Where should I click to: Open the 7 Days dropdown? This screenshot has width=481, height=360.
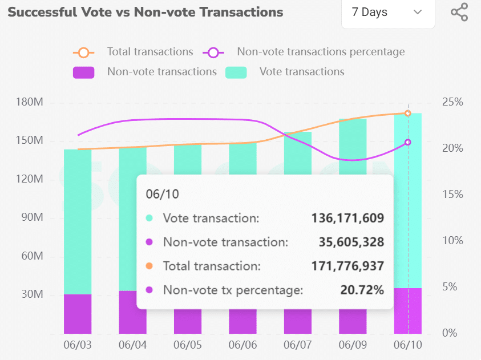click(387, 12)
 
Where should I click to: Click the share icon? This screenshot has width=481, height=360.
click(459, 12)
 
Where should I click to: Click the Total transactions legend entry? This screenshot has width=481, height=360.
click(150, 52)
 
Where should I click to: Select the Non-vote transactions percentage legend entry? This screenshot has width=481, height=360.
click(321, 52)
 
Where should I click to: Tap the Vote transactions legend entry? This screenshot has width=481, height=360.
click(301, 72)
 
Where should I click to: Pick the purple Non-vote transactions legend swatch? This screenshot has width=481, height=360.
click(83, 72)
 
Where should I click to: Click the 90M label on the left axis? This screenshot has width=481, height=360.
click(32, 219)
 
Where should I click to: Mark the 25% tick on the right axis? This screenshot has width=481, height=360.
click(452, 103)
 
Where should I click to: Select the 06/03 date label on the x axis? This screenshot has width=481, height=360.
click(78, 346)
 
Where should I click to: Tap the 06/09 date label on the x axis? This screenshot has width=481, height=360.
click(353, 346)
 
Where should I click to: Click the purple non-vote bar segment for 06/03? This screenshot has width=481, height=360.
click(78, 314)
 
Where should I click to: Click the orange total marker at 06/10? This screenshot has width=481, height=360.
click(408, 113)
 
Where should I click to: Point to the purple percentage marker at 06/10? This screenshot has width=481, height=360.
click(408, 142)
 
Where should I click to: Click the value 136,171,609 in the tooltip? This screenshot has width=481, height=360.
click(347, 218)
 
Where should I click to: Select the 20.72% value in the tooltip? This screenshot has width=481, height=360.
click(362, 290)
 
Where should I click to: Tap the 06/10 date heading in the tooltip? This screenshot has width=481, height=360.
click(162, 194)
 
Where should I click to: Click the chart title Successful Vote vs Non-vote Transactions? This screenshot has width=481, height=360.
click(145, 12)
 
